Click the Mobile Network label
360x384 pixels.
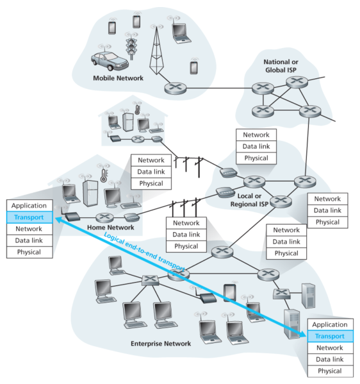click(x=119, y=78)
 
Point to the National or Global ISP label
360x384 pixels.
click(x=285, y=65)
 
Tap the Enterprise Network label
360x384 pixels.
click(x=160, y=344)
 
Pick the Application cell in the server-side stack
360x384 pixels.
click(x=330, y=325)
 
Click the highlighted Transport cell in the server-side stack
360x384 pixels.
click(x=330, y=337)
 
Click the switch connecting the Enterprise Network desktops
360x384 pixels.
click(x=150, y=280)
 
